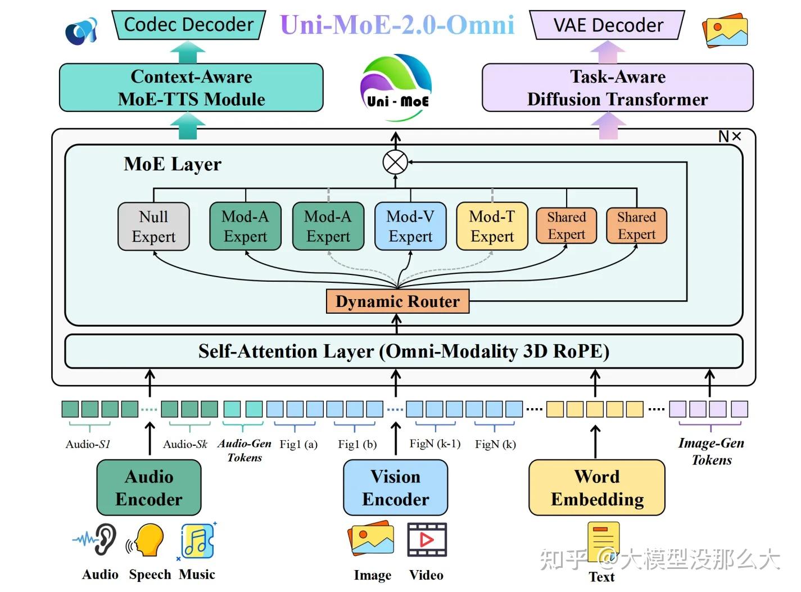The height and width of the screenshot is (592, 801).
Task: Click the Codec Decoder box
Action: [188, 25]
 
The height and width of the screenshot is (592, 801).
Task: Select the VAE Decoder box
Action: [608, 25]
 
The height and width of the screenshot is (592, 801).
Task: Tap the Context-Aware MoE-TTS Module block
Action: [191, 88]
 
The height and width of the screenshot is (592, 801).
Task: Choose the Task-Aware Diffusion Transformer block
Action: [617, 88]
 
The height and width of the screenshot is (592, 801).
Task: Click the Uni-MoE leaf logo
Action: [397, 87]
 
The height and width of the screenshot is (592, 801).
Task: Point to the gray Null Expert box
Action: [153, 227]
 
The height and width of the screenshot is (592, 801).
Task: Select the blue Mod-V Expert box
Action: [410, 227]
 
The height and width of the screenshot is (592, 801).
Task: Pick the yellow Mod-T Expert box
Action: [492, 227]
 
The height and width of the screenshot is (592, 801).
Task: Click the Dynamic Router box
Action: [397, 301]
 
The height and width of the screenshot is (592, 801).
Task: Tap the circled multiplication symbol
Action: [395, 162]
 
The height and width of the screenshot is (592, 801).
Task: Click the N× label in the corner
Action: [730, 137]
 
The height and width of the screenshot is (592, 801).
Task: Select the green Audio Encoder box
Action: [149, 488]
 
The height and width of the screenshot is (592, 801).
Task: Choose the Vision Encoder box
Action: [396, 488]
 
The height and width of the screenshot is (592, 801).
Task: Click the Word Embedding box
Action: [597, 488]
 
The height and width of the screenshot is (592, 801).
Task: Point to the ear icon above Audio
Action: [104, 539]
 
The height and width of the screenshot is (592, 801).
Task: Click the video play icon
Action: [427, 540]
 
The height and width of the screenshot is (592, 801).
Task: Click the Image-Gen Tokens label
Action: [711, 451]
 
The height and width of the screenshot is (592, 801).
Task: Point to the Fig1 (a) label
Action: [298, 444]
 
